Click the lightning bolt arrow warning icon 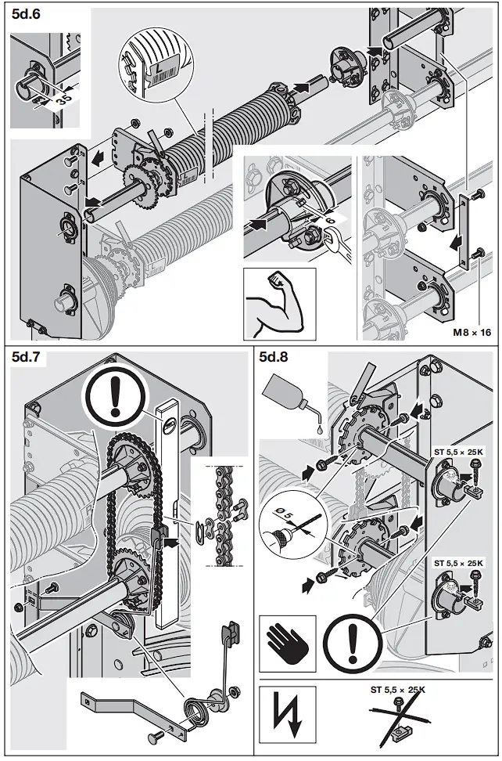click(x=287, y=714)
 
